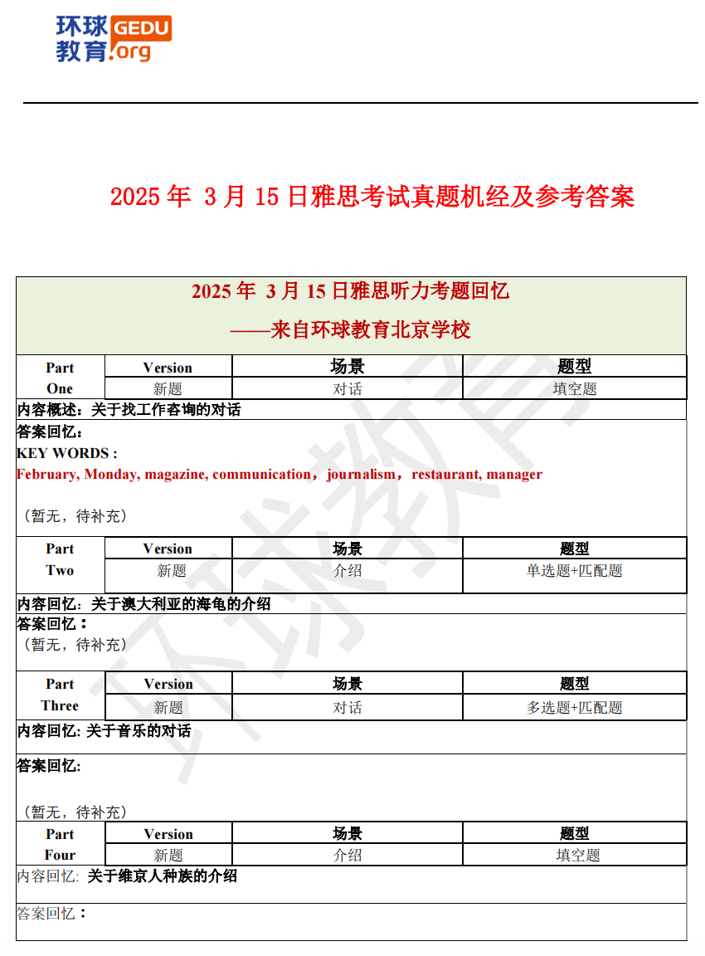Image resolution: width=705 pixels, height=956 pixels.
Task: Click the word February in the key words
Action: tap(47, 475)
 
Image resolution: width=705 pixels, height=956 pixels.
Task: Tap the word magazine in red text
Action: tap(174, 475)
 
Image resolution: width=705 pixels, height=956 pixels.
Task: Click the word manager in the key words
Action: tap(514, 475)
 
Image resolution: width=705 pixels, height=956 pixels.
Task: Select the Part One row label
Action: tap(60, 378)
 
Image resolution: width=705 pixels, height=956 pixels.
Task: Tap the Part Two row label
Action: tap(60, 560)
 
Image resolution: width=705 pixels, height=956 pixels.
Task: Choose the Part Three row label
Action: tap(60, 695)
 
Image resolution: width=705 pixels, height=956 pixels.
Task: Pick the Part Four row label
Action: tap(60, 845)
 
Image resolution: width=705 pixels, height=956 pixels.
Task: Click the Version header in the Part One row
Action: tap(168, 368)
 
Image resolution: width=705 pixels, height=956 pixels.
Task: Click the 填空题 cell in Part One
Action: tap(575, 388)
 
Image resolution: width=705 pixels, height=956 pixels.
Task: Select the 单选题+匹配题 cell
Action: tap(575, 571)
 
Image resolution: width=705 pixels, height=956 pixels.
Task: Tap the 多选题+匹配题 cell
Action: tap(575, 708)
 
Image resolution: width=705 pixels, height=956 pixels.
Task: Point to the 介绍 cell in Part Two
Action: tap(348, 571)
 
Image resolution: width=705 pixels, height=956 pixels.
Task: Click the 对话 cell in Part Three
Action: tap(348, 708)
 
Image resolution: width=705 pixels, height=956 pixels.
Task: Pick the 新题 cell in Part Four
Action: tap(168, 856)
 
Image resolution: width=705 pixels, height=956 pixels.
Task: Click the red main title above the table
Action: tap(372, 197)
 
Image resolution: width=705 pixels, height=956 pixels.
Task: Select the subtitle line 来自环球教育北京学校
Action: tap(351, 330)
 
